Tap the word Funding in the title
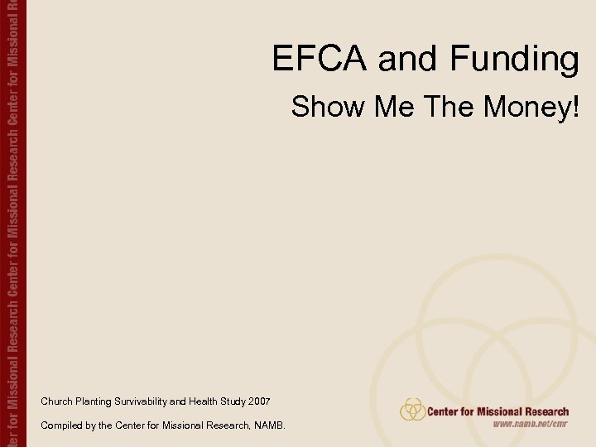pos(514,60)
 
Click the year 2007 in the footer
pos(257,401)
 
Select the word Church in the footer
pos(55,401)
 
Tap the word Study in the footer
pos(233,401)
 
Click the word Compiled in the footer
pos(60,425)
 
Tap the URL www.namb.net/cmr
pos(530,424)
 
